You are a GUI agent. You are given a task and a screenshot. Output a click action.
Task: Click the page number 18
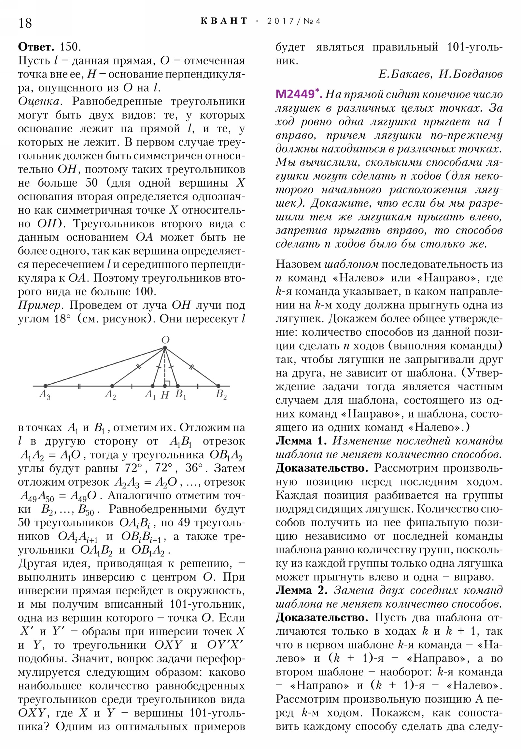[x=25, y=23]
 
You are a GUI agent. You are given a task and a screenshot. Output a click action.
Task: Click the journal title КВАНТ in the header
[x=224, y=21]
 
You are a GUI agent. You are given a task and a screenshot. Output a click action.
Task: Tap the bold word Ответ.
[x=36, y=47]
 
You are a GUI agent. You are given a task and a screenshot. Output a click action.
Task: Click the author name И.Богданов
[x=471, y=74]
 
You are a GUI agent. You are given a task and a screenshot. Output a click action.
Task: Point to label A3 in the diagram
[x=45, y=395]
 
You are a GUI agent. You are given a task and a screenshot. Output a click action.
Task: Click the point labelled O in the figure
[x=165, y=348]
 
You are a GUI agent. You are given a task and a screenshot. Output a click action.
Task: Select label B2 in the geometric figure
[x=221, y=395]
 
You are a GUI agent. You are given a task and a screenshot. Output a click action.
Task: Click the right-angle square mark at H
[x=167, y=383]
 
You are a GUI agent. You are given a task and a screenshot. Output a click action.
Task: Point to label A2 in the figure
[x=110, y=395]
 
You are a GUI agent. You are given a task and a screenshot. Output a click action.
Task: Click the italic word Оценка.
[x=39, y=102]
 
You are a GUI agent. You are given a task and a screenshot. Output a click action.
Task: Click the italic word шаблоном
[x=351, y=264]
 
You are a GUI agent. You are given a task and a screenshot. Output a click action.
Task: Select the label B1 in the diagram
[x=180, y=395]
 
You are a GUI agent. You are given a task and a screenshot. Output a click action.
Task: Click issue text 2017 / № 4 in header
[x=294, y=21]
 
